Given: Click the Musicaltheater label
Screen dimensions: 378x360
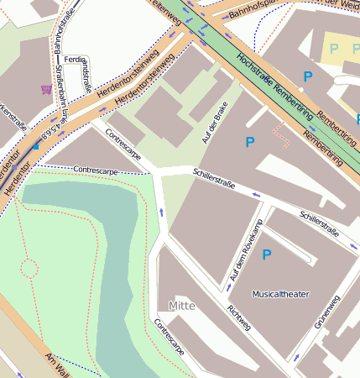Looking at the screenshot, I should point(280,295).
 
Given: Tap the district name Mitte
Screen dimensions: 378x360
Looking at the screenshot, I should point(181,305).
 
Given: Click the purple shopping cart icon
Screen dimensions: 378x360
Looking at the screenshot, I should point(45,88).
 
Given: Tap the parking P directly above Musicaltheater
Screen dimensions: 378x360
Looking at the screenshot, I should point(267,255).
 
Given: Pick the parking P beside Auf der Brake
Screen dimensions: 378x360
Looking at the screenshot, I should point(249,143).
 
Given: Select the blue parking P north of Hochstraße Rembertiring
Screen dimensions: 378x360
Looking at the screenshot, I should point(308,77).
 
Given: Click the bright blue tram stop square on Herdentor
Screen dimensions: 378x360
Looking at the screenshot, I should point(35,146).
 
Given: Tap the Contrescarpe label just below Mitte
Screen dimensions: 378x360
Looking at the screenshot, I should point(167,336).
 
